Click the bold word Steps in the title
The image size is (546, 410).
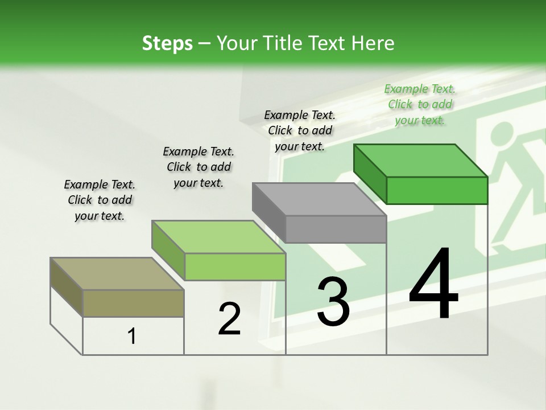167,43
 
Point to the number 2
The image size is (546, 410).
229,319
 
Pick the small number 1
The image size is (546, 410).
132,337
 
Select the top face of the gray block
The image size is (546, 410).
320,199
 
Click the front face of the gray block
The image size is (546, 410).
336,229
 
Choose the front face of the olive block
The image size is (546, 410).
134,303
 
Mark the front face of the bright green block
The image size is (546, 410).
437,190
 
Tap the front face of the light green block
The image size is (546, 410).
235,266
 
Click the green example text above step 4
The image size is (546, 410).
420,104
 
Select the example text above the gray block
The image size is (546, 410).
300,130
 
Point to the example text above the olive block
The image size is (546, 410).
100,200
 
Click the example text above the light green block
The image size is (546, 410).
198,167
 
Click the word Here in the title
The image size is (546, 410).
374,43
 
